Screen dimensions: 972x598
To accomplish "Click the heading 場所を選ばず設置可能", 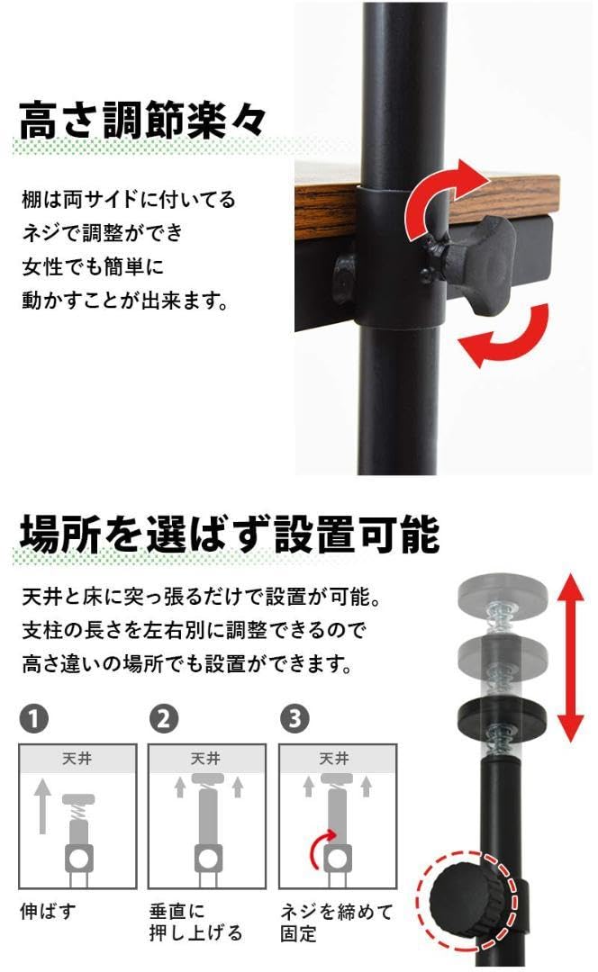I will (x=230, y=534).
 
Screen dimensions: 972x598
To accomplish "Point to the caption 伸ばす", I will (x=48, y=911).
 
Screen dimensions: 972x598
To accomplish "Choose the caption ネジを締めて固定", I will (x=336, y=922).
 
